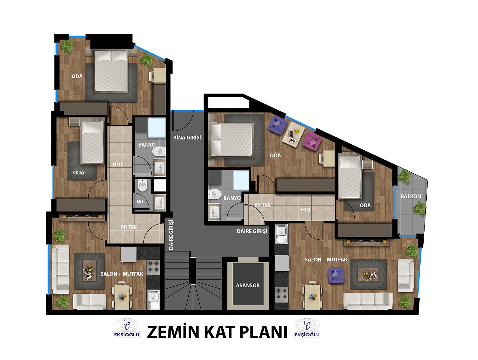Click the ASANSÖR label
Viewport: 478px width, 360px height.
(x=248, y=285)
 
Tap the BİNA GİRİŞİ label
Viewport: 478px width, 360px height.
(x=187, y=137)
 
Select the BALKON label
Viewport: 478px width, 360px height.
(x=411, y=196)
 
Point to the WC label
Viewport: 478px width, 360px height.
(x=141, y=202)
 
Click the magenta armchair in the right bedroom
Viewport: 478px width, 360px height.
(x=312, y=141)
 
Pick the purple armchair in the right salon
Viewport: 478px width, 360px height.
(x=336, y=275)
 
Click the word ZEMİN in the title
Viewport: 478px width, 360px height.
(x=173, y=332)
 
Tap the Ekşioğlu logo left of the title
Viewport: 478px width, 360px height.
(x=126, y=328)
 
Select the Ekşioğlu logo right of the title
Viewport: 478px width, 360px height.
(x=307, y=328)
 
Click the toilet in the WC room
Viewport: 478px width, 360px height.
(x=143, y=185)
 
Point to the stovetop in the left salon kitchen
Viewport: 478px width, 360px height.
(x=153, y=268)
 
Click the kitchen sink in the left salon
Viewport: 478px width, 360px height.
(x=153, y=299)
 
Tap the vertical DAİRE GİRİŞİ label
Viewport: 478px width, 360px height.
(x=171, y=235)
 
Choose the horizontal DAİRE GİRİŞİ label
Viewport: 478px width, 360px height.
(x=252, y=231)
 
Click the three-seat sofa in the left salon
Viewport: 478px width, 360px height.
(x=61, y=269)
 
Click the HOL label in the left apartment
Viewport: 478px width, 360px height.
(x=118, y=164)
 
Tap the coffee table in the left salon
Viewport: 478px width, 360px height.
(x=89, y=271)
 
